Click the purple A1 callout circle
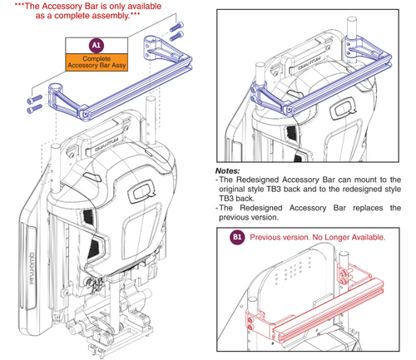pyautogui.click(x=97, y=45)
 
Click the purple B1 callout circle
pyautogui.click(x=237, y=237)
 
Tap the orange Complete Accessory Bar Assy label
pyautogui.click(x=97, y=62)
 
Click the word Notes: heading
pyautogui.click(x=227, y=170)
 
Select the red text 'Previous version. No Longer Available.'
pyautogui.click(x=318, y=238)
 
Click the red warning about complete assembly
pyautogui.click(x=87, y=11)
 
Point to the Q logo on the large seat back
pyautogui.click(x=141, y=190)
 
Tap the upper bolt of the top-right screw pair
pyautogui.click(x=176, y=27)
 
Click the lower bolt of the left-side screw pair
pyautogui.click(x=34, y=109)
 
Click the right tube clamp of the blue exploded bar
pyautogui.click(x=151, y=47)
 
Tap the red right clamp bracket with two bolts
pyautogui.click(x=344, y=275)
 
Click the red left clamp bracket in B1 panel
pyautogui.click(x=257, y=323)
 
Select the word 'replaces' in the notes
pyautogui.click(x=368, y=208)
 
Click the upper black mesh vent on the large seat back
pyautogui.click(x=88, y=217)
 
